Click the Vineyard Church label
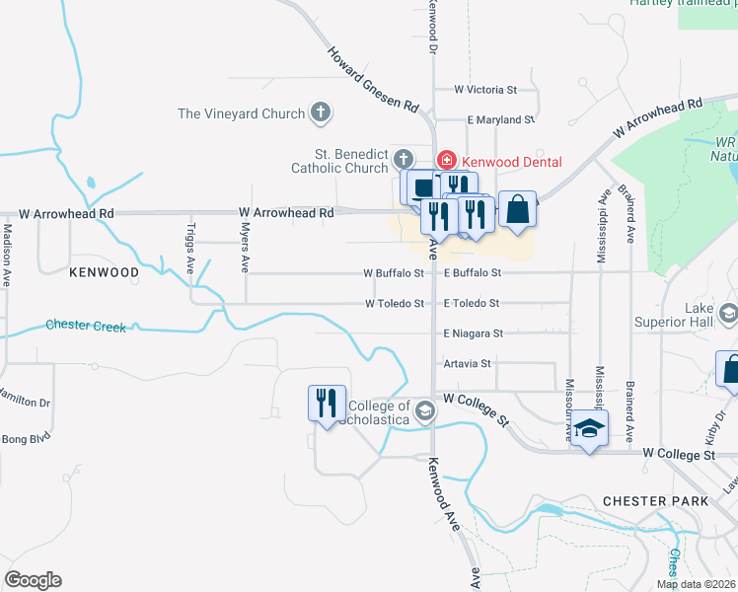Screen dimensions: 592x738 pyautogui.click(x=242, y=113)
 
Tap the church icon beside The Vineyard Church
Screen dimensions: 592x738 pyautogui.click(x=320, y=113)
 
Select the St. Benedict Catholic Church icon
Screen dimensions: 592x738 pyautogui.click(x=403, y=159)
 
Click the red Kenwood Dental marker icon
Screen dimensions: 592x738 pyautogui.click(x=446, y=161)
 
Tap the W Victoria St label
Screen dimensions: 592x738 pyautogui.click(x=485, y=90)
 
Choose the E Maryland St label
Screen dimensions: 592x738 pyautogui.click(x=500, y=119)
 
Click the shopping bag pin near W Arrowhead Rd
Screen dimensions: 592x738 pyautogui.click(x=517, y=208)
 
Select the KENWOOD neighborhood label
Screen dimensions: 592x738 pyautogui.click(x=104, y=271)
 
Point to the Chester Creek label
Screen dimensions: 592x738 pyautogui.click(x=86, y=325)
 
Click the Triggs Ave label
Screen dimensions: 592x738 pyautogui.click(x=190, y=247)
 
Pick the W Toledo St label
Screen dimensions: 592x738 pyautogui.click(x=395, y=304)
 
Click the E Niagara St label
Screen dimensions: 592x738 pyautogui.click(x=473, y=334)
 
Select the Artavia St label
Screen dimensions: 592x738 pyautogui.click(x=468, y=364)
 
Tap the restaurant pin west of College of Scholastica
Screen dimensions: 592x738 pyautogui.click(x=327, y=403)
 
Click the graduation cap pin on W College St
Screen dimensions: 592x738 pyautogui.click(x=589, y=428)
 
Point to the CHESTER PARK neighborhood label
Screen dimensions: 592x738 pyautogui.click(x=655, y=501)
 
